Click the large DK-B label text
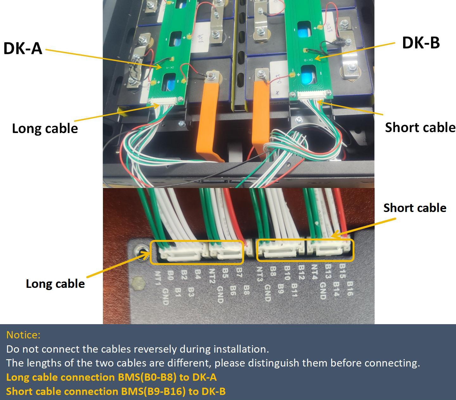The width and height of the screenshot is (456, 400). tap(421, 43)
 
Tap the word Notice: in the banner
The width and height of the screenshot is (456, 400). tap(23, 335)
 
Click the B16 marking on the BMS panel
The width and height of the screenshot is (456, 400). tap(350, 288)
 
